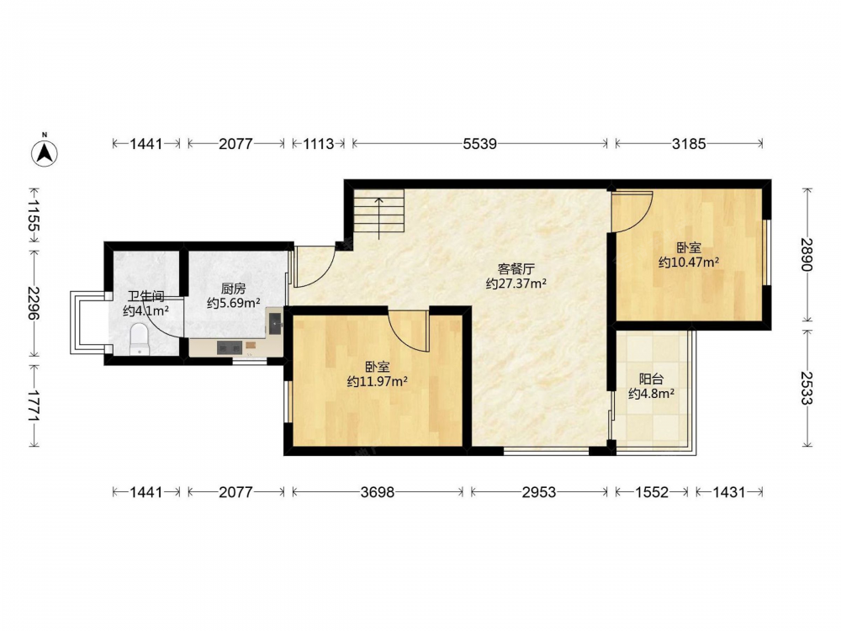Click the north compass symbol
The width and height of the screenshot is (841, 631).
pos(45,151)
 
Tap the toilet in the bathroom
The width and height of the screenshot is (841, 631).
pos(140,338)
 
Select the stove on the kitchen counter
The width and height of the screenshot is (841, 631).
pos(230,347)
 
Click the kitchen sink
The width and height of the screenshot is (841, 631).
pos(275,323)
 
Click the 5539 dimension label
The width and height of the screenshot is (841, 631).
pos(480,144)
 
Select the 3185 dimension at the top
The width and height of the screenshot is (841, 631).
pos(690,144)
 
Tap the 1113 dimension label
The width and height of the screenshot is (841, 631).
pos(319,144)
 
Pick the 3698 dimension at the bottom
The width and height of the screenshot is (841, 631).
pos(378,492)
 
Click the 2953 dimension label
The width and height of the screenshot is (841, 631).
pos(539,492)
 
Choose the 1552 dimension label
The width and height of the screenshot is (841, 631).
pos(652,492)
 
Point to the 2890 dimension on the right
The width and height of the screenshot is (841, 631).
pos(807,254)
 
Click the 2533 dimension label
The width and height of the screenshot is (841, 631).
pos(807,388)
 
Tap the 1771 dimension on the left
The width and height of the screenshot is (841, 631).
pos(34,406)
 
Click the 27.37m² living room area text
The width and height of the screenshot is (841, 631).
pos(516,284)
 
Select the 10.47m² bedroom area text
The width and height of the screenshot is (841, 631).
pos(689,262)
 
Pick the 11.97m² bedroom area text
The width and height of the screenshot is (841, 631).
pos(377,381)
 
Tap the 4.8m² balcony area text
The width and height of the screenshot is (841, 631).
pos(651,394)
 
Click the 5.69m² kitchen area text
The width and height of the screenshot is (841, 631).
pos(234,303)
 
